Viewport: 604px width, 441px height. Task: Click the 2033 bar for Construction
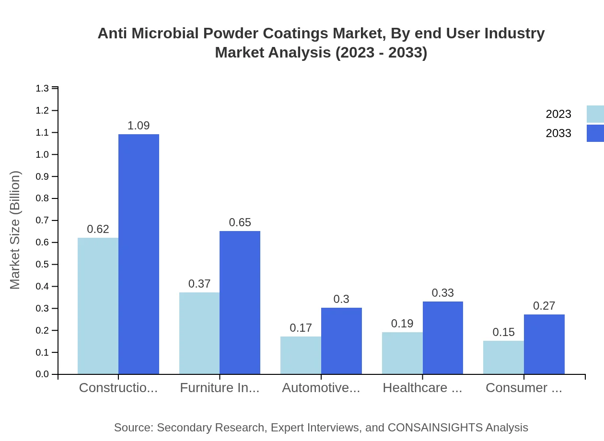[139, 254]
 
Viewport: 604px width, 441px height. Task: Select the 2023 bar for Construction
[98, 306]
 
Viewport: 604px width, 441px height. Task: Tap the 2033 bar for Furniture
[240, 302]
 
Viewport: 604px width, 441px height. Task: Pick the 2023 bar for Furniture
[199, 333]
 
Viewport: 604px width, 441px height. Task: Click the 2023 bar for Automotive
[301, 355]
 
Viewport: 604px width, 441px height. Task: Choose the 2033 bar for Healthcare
[443, 337]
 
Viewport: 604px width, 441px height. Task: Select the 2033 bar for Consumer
[544, 344]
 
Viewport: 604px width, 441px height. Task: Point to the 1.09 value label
[139, 126]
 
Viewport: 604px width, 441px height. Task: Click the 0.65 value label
[240, 222]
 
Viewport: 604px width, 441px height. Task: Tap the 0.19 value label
[402, 324]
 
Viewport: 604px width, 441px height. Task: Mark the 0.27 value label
[544, 306]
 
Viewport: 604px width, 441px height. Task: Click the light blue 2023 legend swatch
[595, 114]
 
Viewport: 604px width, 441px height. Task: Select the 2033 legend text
[558, 133]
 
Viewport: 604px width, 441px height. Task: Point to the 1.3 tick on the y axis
[42, 88]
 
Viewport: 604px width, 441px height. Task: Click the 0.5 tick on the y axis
[42, 265]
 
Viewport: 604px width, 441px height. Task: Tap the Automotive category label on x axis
[321, 388]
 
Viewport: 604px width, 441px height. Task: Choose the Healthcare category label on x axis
[422, 388]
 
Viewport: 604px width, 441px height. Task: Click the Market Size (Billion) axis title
[15, 230]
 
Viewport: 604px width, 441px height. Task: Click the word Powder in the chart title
[231, 34]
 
